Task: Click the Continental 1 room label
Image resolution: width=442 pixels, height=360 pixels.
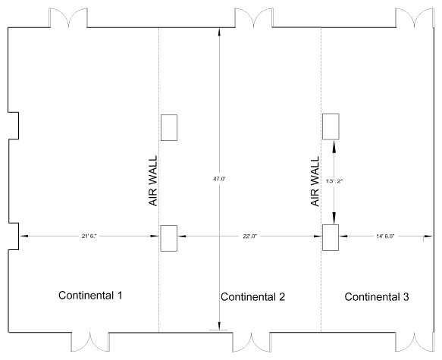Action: click(90, 296)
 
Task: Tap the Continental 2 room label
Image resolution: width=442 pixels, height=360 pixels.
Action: click(253, 297)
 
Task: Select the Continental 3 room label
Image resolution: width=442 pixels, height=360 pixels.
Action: click(377, 297)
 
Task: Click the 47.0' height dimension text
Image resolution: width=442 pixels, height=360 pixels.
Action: click(219, 179)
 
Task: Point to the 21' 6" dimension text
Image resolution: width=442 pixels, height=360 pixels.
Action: click(89, 236)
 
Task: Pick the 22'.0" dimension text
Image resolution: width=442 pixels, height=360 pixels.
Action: click(250, 236)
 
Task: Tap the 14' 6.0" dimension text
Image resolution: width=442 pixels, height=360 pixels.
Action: click(385, 236)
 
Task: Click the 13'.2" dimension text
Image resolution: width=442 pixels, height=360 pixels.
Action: click(334, 181)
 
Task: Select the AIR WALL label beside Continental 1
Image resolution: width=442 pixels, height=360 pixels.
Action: click(153, 181)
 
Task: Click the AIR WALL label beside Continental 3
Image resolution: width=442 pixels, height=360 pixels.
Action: click(315, 181)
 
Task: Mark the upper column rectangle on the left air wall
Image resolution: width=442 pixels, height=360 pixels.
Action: click(169, 127)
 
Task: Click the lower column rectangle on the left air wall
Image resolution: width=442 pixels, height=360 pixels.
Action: click(169, 238)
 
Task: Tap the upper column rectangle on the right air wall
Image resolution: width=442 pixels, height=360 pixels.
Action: click(331, 127)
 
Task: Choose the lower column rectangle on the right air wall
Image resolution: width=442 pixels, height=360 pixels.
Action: click(331, 237)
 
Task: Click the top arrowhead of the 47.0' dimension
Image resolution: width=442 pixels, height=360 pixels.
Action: click(219, 32)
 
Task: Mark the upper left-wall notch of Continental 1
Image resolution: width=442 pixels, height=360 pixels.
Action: click(14, 126)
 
